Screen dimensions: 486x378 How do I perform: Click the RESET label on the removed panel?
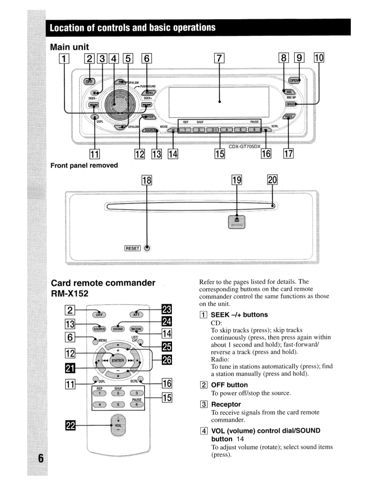[132, 248]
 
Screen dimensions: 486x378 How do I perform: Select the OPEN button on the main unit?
[294, 81]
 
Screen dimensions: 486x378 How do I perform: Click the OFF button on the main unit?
[89, 81]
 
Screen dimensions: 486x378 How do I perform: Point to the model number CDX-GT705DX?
[245, 147]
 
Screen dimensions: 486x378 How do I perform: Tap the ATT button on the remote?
[136, 315]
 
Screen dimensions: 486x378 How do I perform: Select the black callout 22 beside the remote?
[70, 425]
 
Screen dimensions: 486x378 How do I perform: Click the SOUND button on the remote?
[118, 329]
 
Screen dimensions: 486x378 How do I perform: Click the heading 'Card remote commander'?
[103, 283]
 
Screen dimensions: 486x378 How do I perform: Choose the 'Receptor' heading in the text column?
[226, 404]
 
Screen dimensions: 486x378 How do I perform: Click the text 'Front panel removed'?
[84, 165]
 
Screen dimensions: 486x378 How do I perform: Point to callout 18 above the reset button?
[147, 180]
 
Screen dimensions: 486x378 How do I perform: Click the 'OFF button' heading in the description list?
[229, 385]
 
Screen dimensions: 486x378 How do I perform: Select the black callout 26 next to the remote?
[167, 360]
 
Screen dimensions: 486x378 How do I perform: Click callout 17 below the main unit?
[289, 154]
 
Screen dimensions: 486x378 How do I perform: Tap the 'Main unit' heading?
[70, 47]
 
